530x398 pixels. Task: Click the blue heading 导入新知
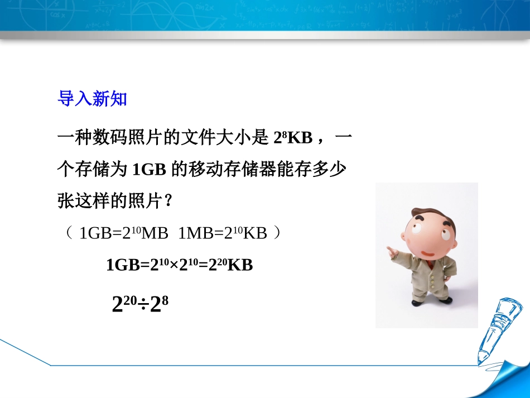(93, 99)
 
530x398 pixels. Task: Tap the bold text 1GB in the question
(149, 170)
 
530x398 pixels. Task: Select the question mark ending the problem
(166, 202)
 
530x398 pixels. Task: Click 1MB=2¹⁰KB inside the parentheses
(223, 233)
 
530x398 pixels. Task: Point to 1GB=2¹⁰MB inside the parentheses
(124, 233)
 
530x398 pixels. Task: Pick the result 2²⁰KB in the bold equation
(229, 265)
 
